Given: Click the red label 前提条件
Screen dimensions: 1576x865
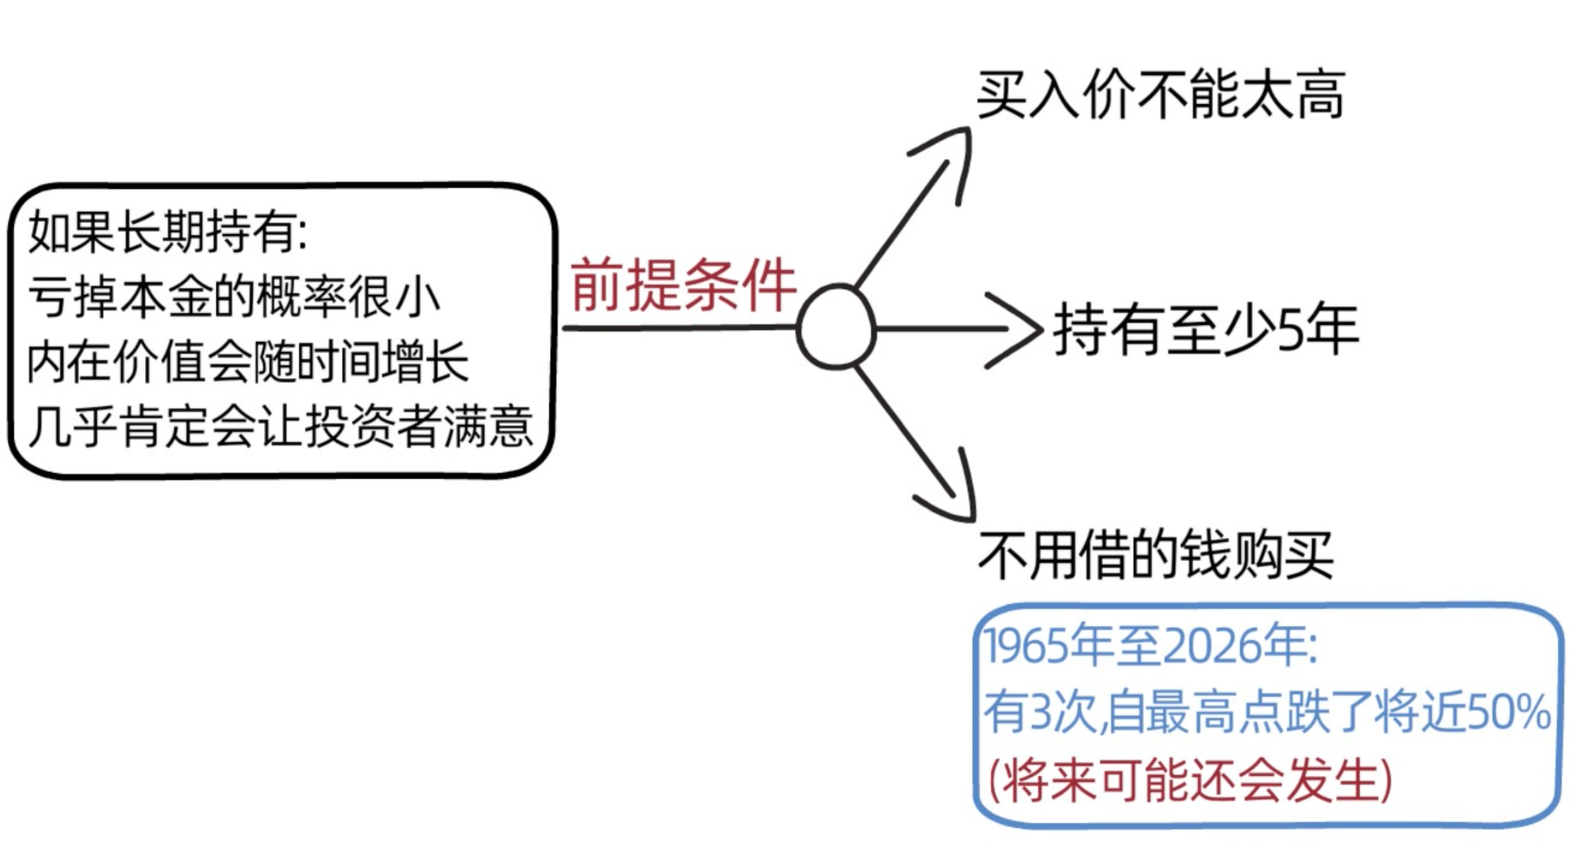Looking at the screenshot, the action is [683, 284].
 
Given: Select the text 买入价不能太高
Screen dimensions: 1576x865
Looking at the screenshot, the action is [1161, 95].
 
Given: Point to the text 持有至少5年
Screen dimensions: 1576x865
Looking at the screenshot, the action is [1206, 329].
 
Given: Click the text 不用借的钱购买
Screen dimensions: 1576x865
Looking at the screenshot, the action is [1156, 555].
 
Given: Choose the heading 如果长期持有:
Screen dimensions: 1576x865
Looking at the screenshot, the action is [168, 232].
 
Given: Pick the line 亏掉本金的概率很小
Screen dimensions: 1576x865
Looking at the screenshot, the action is [234, 297].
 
